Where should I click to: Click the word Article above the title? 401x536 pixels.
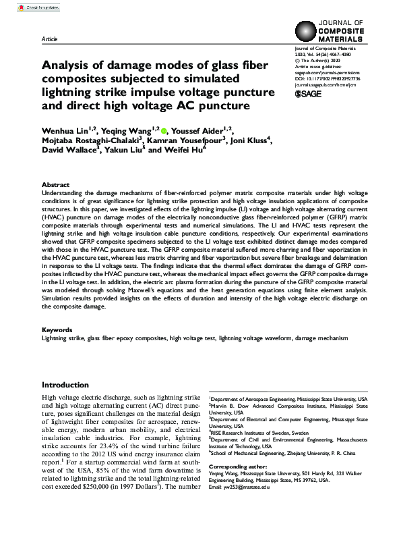tap(49, 39)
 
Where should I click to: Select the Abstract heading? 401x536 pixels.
tap(55, 184)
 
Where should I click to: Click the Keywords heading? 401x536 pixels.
tap(57, 329)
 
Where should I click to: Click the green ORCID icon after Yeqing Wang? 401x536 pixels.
tap(164, 130)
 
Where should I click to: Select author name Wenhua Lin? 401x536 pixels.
tap(65, 131)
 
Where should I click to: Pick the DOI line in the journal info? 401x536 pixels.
tap(328, 78)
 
